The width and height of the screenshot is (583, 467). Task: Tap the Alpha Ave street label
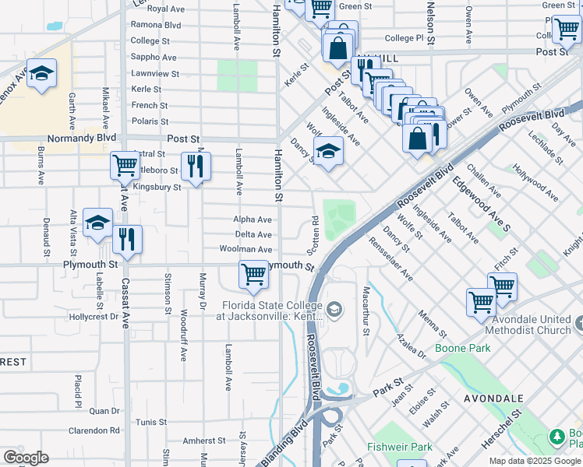click(x=253, y=220)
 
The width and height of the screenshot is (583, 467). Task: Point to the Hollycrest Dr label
click(x=93, y=317)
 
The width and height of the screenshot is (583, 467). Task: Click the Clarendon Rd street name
click(x=94, y=430)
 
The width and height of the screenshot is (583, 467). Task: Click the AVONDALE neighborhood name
click(x=493, y=398)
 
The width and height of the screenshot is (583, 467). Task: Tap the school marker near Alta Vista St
click(x=98, y=223)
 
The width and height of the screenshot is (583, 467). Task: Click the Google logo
click(x=26, y=458)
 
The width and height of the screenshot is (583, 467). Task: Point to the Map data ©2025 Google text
click(x=535, y=461)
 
